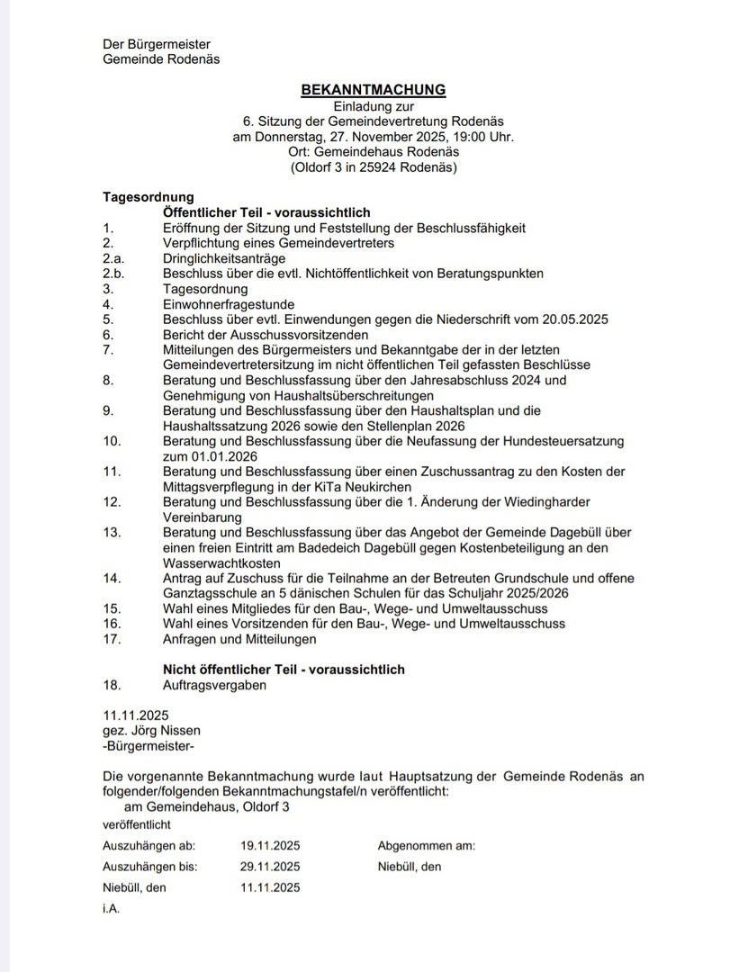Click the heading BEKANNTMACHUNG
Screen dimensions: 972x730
click(373, 89)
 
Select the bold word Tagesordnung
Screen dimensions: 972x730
click(148, 197)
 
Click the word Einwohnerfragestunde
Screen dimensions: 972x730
click(229, 304)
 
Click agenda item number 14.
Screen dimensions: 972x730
click(112, 578)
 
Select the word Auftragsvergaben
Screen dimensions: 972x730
click(214, 685)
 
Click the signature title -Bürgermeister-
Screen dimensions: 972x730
click(149, 746)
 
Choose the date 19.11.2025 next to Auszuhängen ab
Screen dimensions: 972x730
click(270, 846)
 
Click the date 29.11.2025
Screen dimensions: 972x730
click(270, 867)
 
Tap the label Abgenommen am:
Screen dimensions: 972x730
click(426, 846)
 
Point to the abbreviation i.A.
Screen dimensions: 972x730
click(112, 909)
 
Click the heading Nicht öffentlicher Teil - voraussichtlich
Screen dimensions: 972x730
click(284, 670)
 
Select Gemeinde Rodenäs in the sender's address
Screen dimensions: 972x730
click(161, 59)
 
